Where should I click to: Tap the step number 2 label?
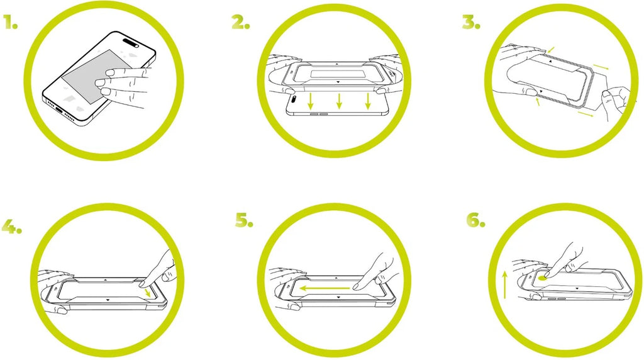click(241, 22)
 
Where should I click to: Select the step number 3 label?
click(470, 22)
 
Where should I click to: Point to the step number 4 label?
click(11, 226)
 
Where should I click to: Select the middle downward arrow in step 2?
click(339, 101)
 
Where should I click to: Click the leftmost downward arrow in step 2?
click(311, 101)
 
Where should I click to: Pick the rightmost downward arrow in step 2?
click(367, 101)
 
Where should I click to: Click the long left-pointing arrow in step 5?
click(324, 288)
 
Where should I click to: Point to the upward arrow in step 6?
click(505, 284)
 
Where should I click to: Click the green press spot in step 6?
click(543, 278)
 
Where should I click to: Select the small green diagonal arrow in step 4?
click(148, 293)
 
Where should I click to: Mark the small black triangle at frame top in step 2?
click(336, 65)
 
